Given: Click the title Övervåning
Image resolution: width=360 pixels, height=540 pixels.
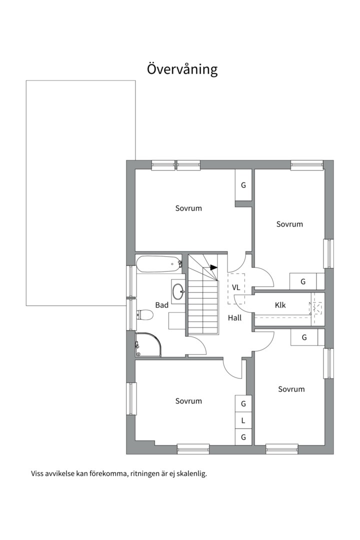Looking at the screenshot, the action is click(x=182, y=69).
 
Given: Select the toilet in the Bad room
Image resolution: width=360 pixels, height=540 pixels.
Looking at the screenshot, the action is click(x=144, y=315).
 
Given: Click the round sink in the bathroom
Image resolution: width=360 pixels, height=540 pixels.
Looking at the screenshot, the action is click(x=178, y=291).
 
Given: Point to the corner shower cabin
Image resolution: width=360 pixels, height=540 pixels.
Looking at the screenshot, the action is click(x=148, y=344).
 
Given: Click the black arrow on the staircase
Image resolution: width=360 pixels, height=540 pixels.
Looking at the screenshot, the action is click(x=213, y=267).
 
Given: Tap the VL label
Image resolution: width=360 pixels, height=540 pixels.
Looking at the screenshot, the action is click(x=236, y=287).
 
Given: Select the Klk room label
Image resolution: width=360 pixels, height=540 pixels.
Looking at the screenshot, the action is click(x=280, y=305).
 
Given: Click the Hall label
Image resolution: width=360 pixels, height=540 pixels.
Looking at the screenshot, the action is click(x=234, y=318).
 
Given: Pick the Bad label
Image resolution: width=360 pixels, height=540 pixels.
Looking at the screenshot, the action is click(x=162, y=305).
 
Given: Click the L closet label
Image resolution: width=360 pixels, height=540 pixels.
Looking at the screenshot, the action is click(x=243, y=420).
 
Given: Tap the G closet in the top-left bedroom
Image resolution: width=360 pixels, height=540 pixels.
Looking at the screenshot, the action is click(x=243, y=185).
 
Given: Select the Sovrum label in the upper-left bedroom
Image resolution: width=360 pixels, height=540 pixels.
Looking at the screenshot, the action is click(x=188, y=208).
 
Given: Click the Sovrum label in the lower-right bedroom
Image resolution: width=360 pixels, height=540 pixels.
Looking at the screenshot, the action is click(x=291, y=389).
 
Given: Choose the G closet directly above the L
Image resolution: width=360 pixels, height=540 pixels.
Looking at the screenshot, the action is click(x=243, y=403).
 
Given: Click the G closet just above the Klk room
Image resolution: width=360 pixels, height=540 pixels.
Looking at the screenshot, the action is click(x=303, y=281).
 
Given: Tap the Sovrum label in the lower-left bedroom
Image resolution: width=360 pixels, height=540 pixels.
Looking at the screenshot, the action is click(x=188, y=401).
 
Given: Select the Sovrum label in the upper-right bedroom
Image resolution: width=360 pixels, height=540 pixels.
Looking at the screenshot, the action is click(x=289, y=224).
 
